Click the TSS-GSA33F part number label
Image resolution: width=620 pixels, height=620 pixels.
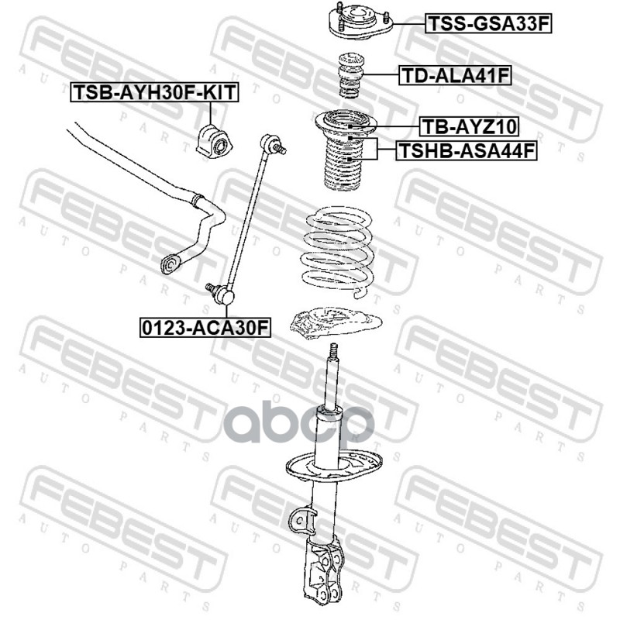(488, 24)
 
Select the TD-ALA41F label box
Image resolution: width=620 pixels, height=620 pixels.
(455, 75)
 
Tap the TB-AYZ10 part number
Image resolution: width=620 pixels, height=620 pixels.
(469, 126)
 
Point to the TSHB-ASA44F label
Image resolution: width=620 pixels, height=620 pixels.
(467, 150)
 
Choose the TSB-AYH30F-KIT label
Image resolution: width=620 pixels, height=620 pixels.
(154, 92)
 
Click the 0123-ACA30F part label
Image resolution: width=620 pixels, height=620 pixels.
(205, 327)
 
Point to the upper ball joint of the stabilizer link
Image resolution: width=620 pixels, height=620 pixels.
(273, 144)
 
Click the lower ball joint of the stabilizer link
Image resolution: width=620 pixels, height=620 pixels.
(221, 293)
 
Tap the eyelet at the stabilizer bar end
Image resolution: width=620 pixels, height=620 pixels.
(170, 263)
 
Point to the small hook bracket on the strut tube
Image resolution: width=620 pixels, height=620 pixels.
(301, 518)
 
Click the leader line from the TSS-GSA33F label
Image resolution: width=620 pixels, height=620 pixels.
(409, 24)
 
